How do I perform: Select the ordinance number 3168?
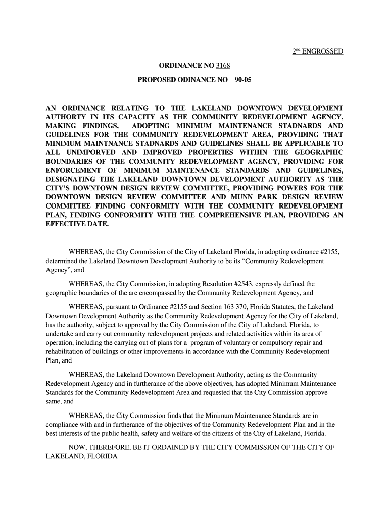(223, 66)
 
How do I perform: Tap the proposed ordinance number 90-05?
(242, 80)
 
